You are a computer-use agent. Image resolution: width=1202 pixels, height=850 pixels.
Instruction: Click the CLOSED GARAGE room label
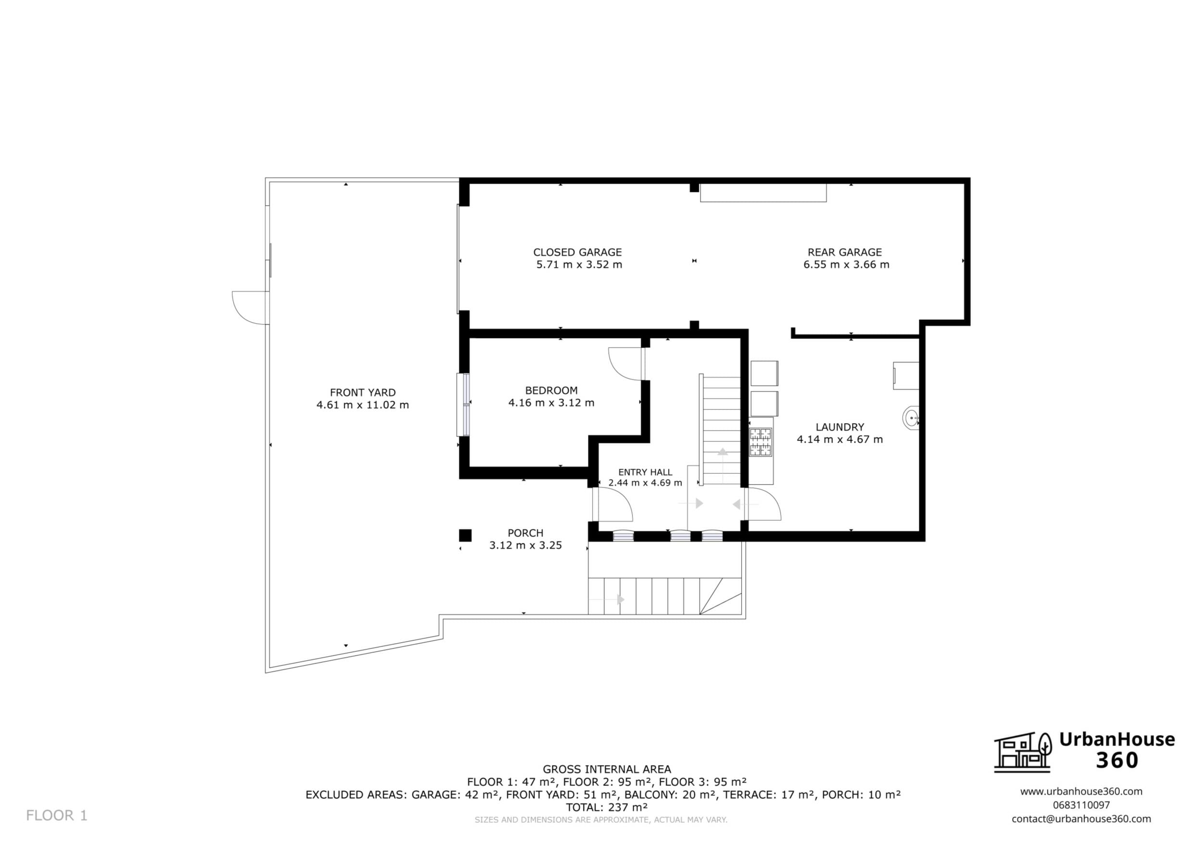point(577,252)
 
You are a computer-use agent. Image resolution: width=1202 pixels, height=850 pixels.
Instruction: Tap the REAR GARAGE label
point(845,252)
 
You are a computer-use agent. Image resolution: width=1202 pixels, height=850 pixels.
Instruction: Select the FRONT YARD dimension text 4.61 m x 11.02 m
point(363,405)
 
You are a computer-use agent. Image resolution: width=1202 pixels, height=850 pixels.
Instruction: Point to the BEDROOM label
point(551,390)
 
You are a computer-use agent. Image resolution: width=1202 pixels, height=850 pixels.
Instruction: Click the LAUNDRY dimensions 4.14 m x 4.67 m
point(840,439)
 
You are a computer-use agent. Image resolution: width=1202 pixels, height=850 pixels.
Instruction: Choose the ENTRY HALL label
point(645,472)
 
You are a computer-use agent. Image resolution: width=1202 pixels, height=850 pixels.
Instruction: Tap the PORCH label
point(526,533)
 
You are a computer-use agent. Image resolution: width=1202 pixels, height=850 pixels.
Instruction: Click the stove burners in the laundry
point(761,442)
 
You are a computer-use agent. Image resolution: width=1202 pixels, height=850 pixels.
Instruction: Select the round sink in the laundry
point(911,418)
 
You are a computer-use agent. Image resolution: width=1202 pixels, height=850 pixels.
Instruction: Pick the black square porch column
point(465,535)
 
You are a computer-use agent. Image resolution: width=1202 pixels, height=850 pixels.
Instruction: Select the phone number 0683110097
point(1081,805)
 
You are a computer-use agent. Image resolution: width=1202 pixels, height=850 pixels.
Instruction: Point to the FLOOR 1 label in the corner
point(57,815)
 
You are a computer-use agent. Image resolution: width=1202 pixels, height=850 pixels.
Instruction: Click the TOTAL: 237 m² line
point(607,807)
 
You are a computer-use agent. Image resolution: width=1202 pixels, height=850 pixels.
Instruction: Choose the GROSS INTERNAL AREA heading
point(607,769)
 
